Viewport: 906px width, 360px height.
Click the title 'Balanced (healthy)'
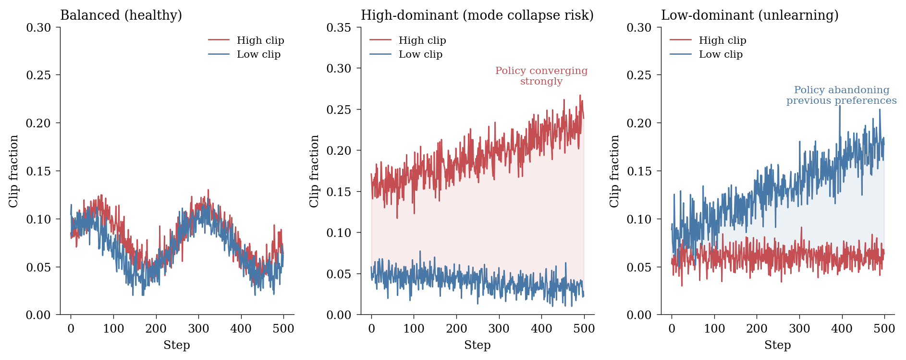pos(121,15)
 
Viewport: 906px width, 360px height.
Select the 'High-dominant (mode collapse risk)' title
pos(477,15)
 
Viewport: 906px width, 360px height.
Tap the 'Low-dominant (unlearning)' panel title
pos(749,15)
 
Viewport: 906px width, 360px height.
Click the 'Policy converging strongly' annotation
pos(541,76)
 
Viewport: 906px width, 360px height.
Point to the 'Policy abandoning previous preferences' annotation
pos(841,95)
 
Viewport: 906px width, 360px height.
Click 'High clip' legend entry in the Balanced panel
pos(260,40)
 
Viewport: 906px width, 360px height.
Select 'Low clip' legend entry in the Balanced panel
pos(258,54)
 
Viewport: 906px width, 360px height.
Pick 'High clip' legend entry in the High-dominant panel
pos(422,40)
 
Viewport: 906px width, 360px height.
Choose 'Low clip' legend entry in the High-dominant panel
pos(420,54)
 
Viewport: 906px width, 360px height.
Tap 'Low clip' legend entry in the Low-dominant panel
pos(720,54)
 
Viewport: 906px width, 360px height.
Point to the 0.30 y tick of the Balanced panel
pos(38,27)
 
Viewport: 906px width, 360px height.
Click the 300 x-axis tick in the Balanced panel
pos(198,329)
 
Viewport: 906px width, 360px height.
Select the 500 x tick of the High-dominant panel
pos(584,329)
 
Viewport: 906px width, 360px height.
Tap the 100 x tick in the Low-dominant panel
pos(714,329)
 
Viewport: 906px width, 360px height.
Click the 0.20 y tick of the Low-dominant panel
pos(639,123)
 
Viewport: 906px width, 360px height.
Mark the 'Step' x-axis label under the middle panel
pos(477,345)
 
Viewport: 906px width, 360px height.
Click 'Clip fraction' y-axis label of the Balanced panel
pos(14,171)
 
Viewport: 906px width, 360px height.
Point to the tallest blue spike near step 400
pos(840,106)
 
